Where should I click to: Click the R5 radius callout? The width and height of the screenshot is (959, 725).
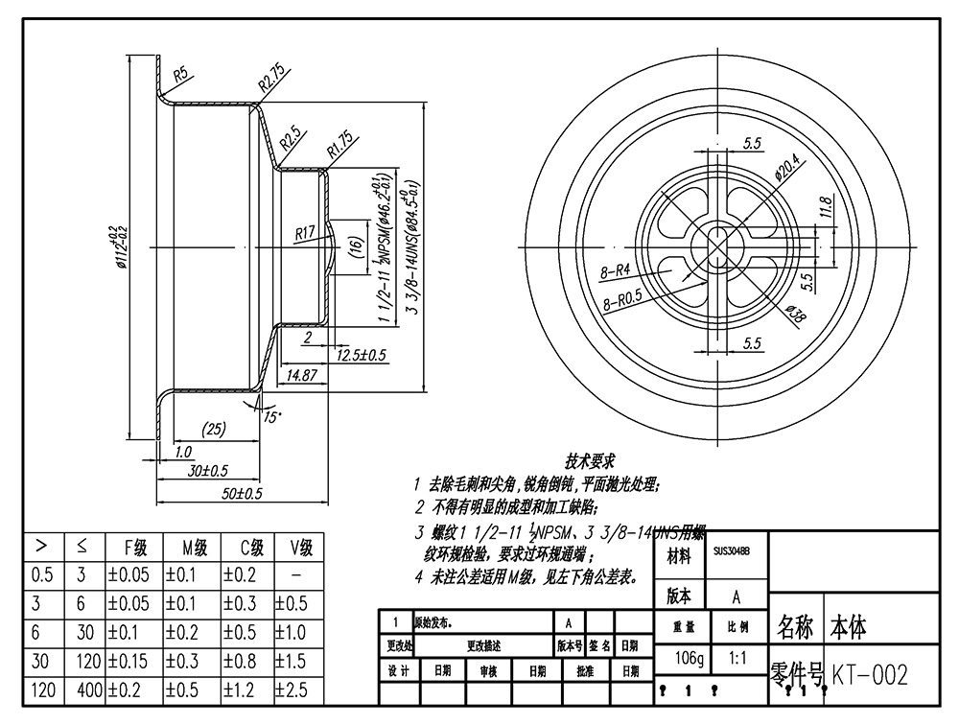point(179,73)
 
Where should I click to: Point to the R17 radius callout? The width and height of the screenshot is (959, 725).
point(305,232)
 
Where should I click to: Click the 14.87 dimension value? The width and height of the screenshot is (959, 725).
point(301,375)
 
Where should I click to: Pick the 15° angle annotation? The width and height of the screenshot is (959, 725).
point(273,416)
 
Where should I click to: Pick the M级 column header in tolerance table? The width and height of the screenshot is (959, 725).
point(192,548)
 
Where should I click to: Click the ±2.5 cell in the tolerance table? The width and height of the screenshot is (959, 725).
point(297,690)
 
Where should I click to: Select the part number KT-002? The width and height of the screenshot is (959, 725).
point(869,675)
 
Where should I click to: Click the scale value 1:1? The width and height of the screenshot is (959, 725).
point(738,660)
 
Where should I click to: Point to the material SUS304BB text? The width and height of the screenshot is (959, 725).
point(732,551)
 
